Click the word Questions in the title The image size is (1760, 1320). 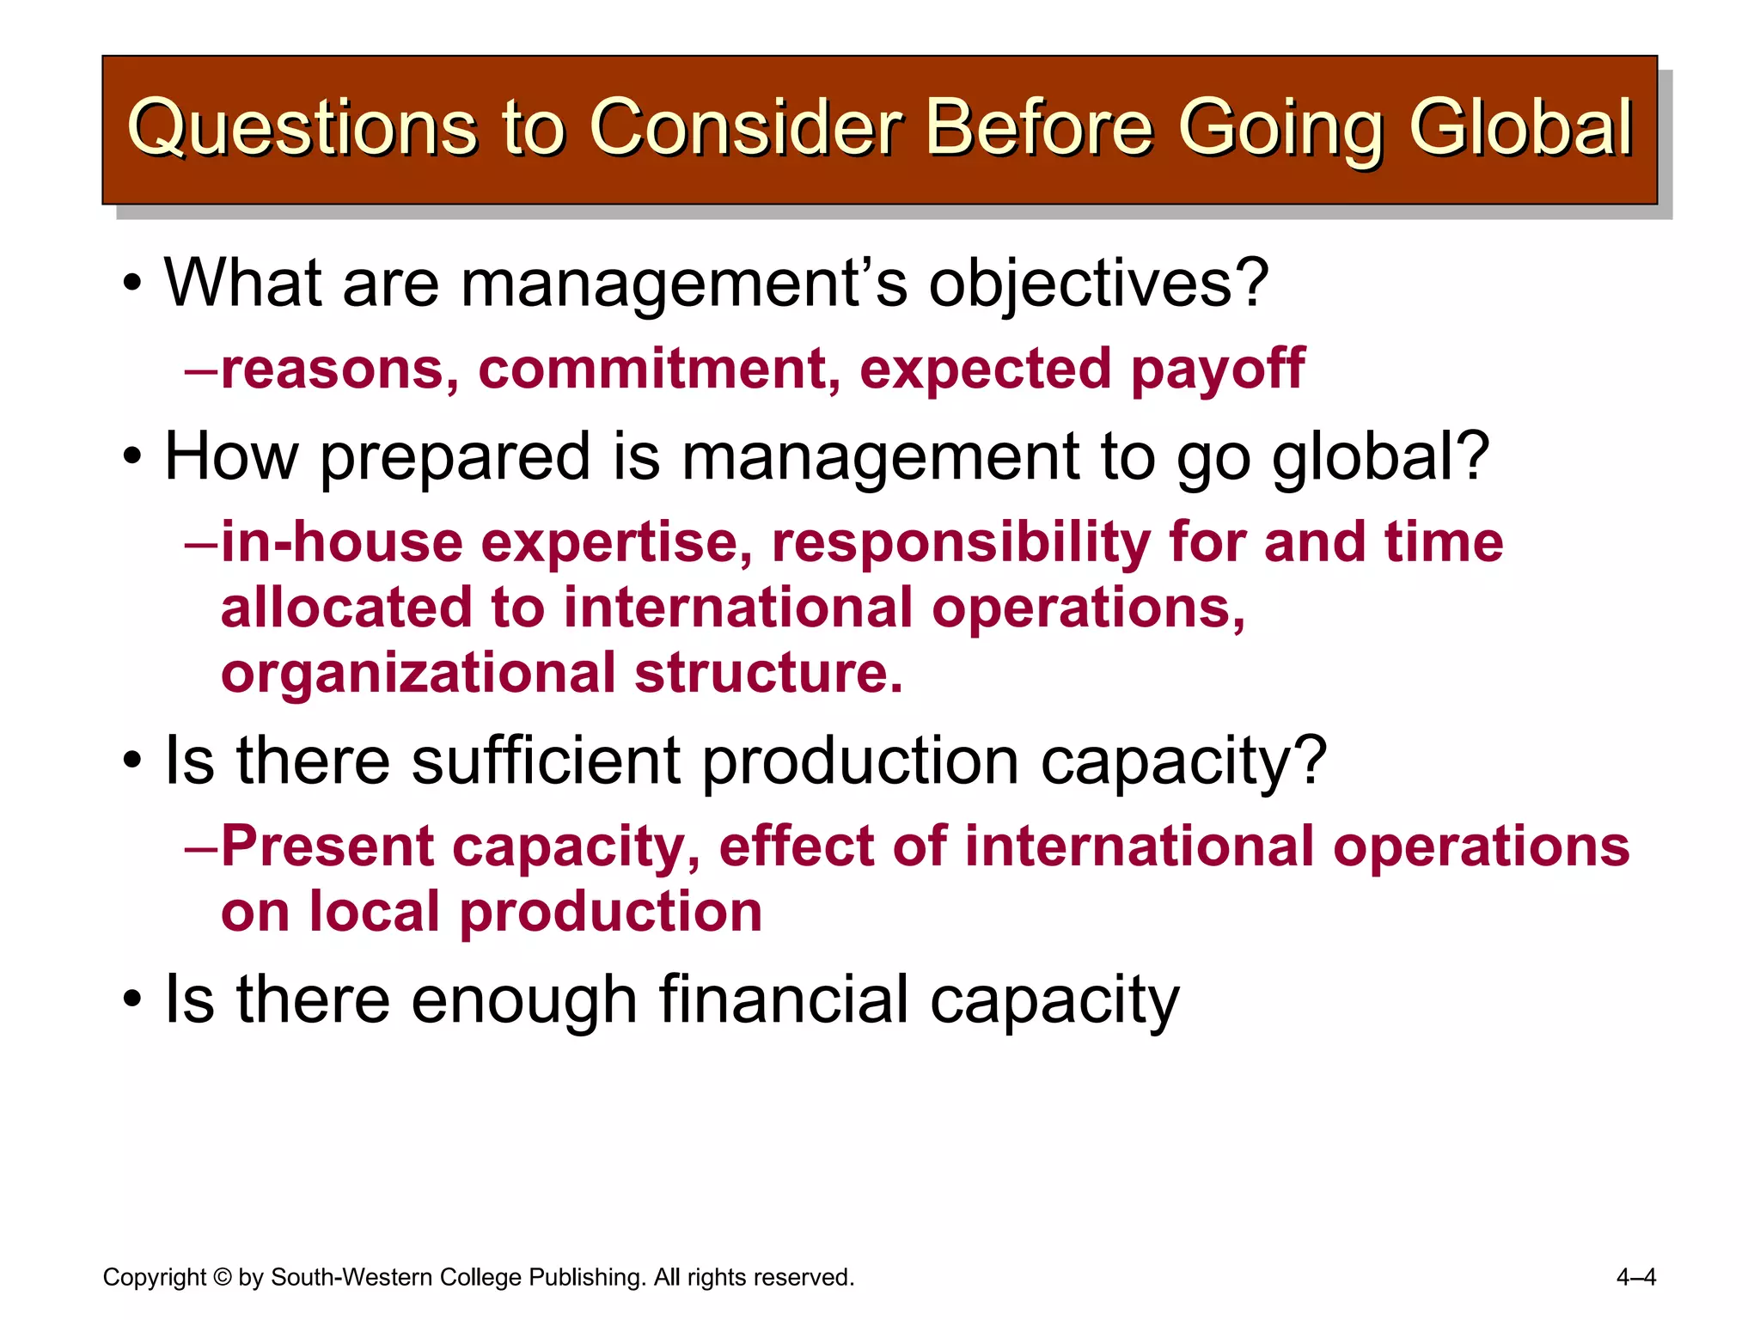click(x=301, y=129)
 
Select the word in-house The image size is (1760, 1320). click(x=341, y=543)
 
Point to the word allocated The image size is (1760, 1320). click(x=345, y=608)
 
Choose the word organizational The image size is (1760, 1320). click(x=419, y=674)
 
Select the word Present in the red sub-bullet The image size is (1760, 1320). click(x=327, y=847)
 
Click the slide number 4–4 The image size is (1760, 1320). click(x=1635, y=1278)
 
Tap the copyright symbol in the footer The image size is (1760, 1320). click(x=222, y=1278)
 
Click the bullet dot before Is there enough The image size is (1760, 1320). click(x=131, y=1000)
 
